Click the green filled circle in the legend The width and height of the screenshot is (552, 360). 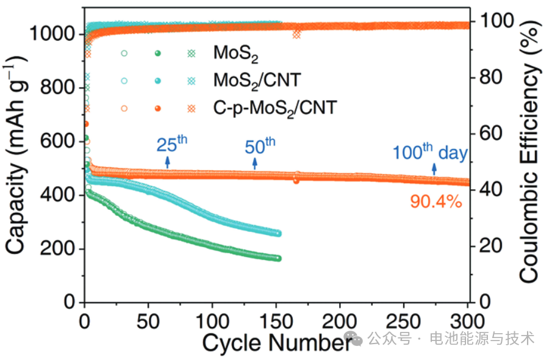(x=158, y=54)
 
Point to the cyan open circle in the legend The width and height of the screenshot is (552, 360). (x=124, y=81)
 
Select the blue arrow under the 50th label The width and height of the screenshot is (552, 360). (x=255, y=163)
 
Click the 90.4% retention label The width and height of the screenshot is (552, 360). (x=436, y=201)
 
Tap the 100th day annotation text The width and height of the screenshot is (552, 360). (x=429, y=152)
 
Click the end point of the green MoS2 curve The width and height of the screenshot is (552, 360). (x=279, y=258)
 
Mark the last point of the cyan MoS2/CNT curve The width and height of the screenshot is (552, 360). (x=279, y=233)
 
